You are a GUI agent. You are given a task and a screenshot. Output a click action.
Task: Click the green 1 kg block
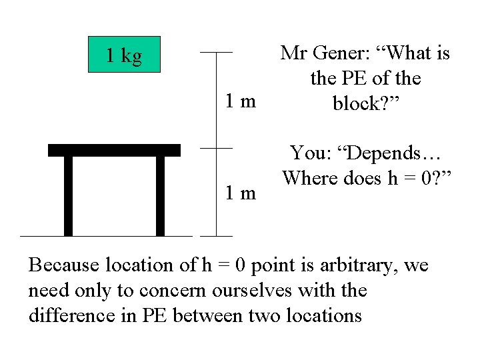tap(125, 54)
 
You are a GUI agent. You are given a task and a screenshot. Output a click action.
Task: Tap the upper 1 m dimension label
tap(240, 102)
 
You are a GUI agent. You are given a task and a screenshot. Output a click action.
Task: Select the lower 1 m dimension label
tap(240, 193)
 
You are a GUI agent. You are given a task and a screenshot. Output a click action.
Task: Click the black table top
tap(114, 150)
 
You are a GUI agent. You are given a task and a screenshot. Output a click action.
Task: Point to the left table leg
tap(68, 195)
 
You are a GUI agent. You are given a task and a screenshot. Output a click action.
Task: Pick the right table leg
tap(160, 195)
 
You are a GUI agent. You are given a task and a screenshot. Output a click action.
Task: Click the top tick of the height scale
tap(216, 52)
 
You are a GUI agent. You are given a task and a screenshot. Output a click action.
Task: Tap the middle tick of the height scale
tap(216, 148)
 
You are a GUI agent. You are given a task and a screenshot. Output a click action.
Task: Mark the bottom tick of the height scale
tap(216, 235)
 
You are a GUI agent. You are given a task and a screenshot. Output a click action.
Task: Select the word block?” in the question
tap(365, 104)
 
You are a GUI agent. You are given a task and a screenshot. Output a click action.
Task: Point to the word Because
tap(62, 265)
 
